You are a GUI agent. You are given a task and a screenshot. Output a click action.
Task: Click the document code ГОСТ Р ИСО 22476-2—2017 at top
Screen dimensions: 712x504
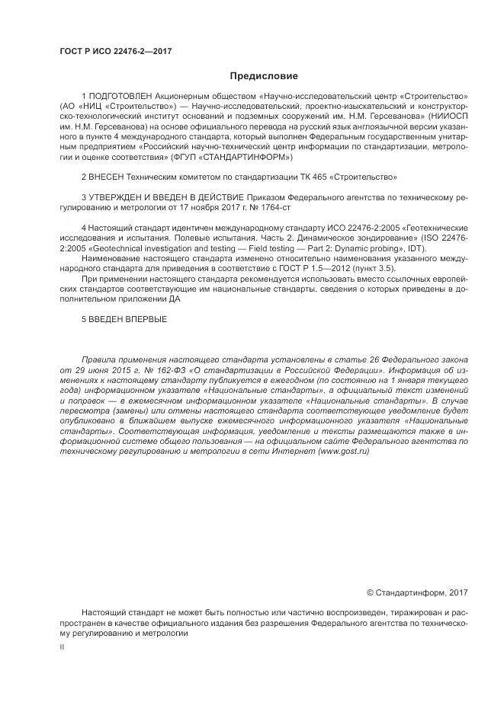pos(115,51)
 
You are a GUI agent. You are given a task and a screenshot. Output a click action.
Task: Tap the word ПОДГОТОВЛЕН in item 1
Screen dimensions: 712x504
pos(123,97)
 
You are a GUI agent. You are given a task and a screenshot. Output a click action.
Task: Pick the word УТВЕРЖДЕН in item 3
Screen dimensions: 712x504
pos(116,196)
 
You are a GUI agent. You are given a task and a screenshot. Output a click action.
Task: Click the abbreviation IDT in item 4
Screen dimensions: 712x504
pos(416,249)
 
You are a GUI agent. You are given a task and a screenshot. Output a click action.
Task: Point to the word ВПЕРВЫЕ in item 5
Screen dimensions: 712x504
pos(143,318)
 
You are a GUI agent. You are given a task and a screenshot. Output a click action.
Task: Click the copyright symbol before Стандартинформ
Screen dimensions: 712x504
pos(371,592)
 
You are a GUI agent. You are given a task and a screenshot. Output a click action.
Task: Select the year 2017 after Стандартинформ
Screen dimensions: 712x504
pos(457,592)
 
